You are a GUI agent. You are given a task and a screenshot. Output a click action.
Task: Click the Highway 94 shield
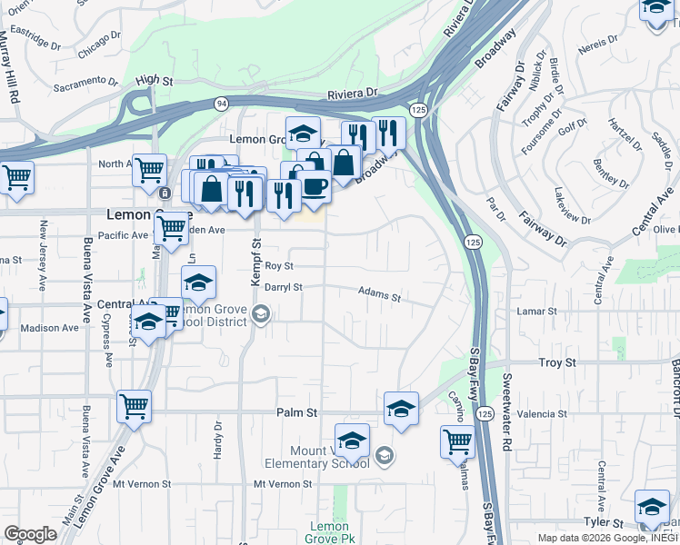pos(222,104)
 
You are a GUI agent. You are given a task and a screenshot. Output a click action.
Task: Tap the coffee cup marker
pos(315,186)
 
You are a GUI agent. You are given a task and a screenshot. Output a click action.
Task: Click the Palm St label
pos(296,412)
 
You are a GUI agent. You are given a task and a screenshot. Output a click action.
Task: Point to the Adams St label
pos(379,295)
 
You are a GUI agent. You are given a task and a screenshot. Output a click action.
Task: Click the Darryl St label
pos(282,287)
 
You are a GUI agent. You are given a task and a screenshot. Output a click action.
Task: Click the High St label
pos(155,81)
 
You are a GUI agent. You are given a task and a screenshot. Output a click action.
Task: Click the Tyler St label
pos(604,524)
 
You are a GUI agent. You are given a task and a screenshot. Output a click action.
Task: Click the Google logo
pos(30,534)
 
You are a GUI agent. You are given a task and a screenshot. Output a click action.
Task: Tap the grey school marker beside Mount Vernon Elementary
pos(384,454)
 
